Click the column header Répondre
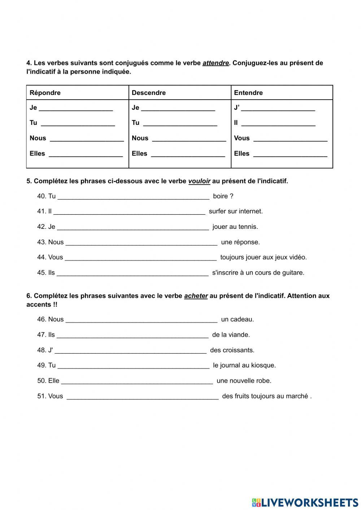(x=45, y=93)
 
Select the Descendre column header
(x=149, y=93)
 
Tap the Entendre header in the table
(x=248, y=93)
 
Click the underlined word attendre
(x=216, y=63)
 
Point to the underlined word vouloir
(x=199, y=181)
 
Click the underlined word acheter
(x=196, y=296)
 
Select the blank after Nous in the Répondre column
(x=87, y=139)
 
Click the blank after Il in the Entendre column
(x=278, y=124)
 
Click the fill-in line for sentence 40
(x=133, y=197)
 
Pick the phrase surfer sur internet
(x=236, y=212)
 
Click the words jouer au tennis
(x=235, y=227)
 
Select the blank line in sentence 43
(x=142, y=243)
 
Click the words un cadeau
(x=238, y=319)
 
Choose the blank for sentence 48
(x=130, y=351)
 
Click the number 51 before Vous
(x=41, y=396)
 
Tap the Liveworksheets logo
(x=305, y=502)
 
